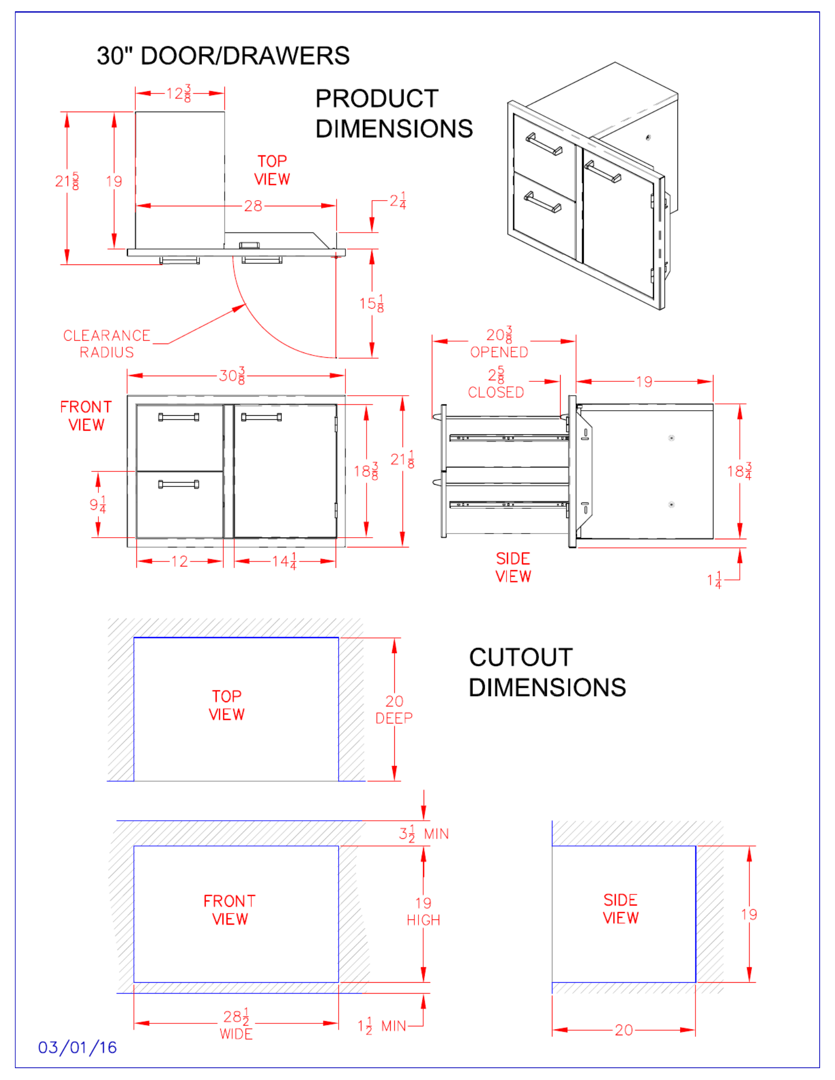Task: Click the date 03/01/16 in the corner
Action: [77, 1047]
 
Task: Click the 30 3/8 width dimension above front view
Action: [232, 376]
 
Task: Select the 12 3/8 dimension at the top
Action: [179, 94]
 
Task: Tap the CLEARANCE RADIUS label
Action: [107, 344]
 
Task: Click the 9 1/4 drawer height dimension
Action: [98, 505]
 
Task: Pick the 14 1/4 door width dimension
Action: [285, 561]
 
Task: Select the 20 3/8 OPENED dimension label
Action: [499, 343]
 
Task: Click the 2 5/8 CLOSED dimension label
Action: [496, 383]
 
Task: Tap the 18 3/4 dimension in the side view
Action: [740, 471]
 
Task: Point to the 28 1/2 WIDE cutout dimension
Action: [236, 1024]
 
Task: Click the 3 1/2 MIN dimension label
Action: [423, 834]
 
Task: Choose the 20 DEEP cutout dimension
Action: [394, 709]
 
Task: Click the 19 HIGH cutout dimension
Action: [423, 911]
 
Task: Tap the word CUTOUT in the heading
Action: [520, 657]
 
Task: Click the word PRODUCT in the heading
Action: [377, 98]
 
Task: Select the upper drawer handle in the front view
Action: [179, 417]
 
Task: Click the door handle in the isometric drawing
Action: [602, 172]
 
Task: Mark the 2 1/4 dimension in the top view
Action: [397, 201]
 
